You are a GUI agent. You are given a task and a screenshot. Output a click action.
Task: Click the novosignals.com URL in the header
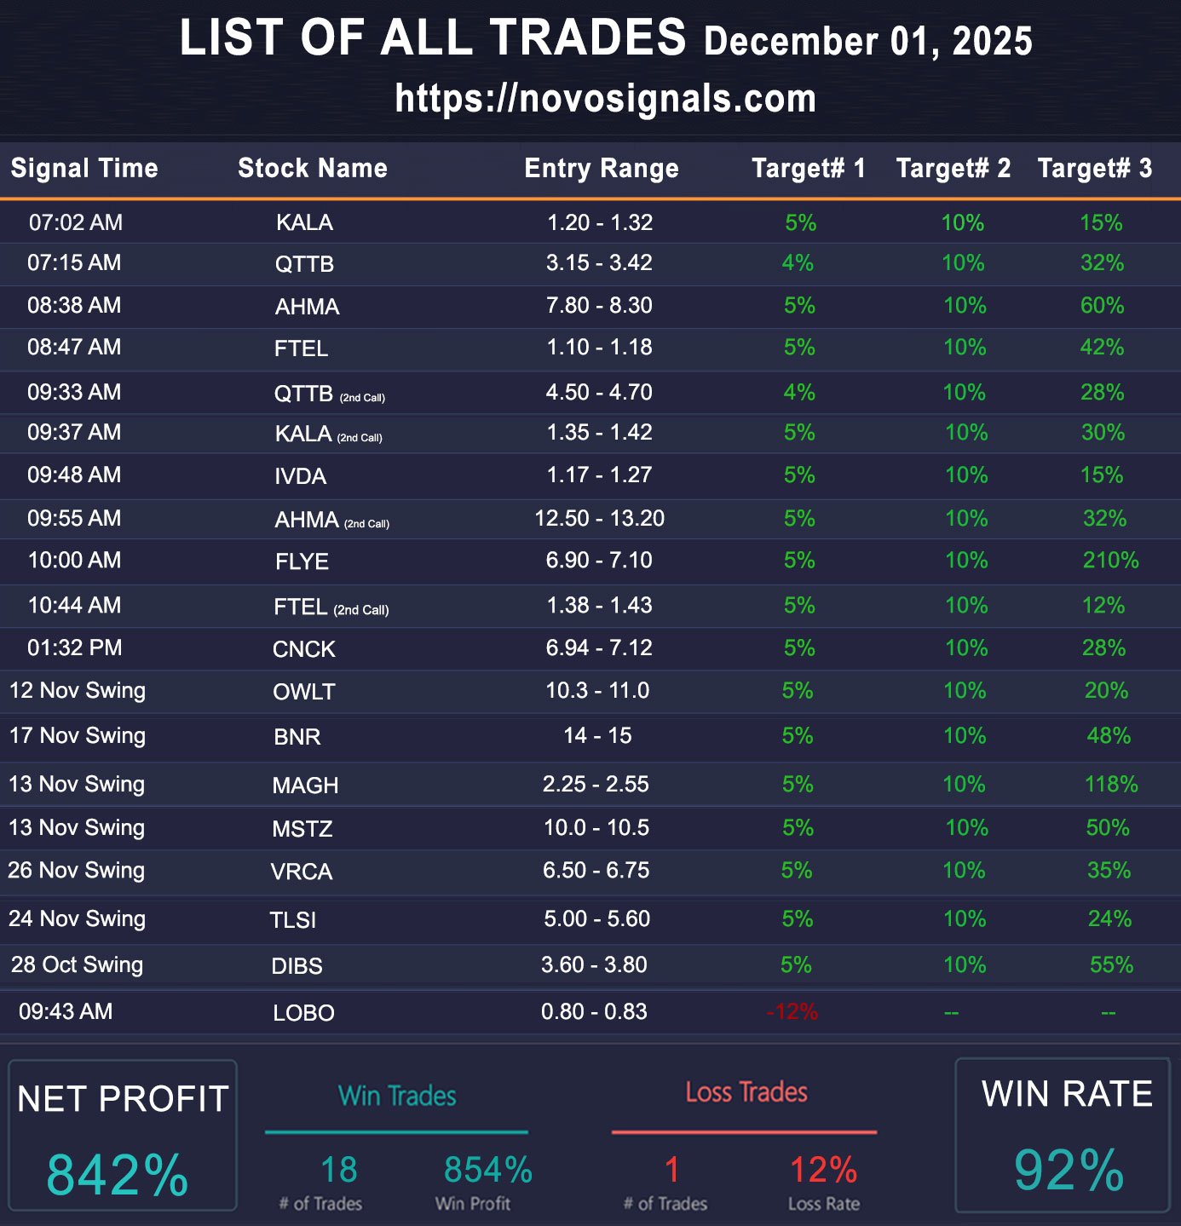click(605, 99)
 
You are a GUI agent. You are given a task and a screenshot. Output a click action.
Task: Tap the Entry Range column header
click(602, 168)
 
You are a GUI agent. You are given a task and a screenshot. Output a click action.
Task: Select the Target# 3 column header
click(1094, 168)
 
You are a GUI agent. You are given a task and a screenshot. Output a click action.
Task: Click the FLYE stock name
click(302, 561)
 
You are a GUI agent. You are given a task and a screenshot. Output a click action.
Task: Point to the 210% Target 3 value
click(1110, 561)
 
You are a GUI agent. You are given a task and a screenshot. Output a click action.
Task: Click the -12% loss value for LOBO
click(792, 1012)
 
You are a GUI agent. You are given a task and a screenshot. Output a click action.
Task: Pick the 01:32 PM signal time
click(75, 648)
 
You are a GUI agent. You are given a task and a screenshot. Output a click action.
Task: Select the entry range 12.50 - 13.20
click(599, 518)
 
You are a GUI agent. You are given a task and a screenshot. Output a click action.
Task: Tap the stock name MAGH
click(305, 786)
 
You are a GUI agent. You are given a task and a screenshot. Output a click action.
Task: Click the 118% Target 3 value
click(1111, 784)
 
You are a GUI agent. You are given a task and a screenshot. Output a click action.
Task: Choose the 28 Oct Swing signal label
click(77, 964)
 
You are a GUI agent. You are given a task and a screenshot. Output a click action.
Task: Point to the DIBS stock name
click(297, 966)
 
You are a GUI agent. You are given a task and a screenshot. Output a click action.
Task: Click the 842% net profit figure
click(118, 1175)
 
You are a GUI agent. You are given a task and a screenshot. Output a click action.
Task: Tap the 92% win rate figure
click(1069, 1171)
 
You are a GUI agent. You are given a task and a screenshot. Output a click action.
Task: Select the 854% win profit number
click(487, 1170)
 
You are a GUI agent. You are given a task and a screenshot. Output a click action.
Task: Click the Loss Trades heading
click(746, 1092)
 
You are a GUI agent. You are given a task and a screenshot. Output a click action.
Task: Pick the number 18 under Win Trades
click(338, 1170)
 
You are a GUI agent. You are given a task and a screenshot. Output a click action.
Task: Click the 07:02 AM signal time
click(76, 222)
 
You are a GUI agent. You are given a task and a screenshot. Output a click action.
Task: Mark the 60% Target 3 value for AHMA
click(1102, 305)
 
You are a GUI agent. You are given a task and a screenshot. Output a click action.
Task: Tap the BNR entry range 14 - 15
click(597, 735)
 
